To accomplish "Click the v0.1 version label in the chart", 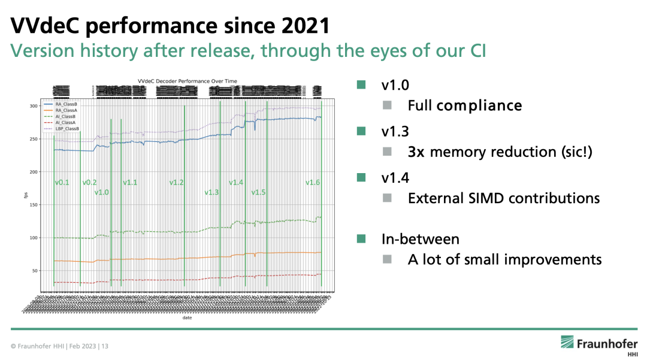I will coord(62,183).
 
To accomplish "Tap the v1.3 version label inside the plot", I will coord(211,192).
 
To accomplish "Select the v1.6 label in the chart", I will coord(313,183).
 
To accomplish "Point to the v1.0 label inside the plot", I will coord(102,192).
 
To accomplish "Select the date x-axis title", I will coord(187,318).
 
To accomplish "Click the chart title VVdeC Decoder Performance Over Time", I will coord(187,81).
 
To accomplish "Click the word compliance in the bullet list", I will coord(479,106).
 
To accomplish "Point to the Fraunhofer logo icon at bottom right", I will coord(567,342).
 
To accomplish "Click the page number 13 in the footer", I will coord(105,347).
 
